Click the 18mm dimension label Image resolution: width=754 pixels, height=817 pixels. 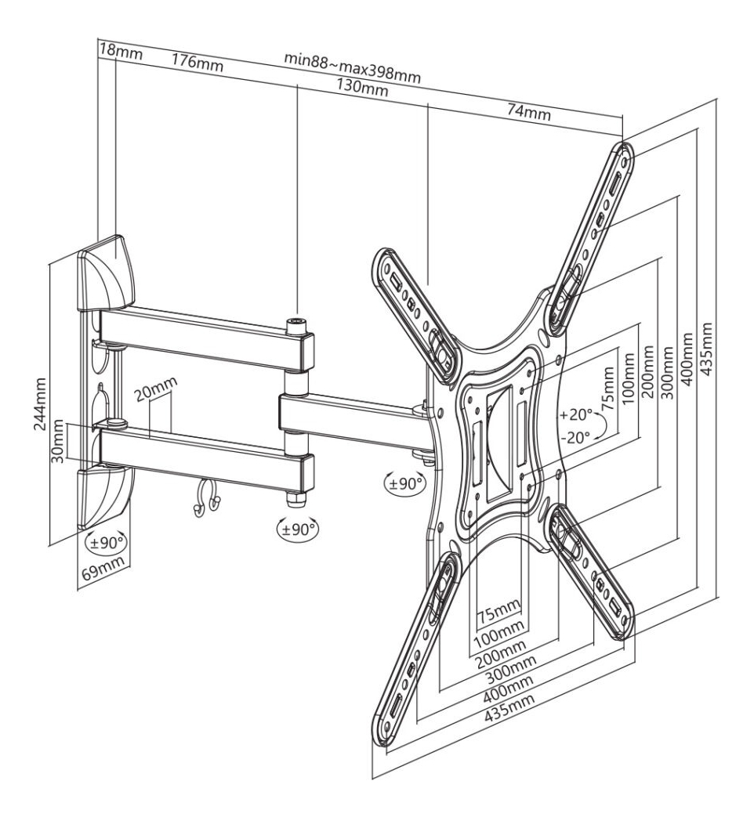coord(121,52)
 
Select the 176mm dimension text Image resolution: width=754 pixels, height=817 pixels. coord(198,63)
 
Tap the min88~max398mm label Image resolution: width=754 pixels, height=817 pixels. coord(353,67)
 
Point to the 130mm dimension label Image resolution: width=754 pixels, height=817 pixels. coord(362,86)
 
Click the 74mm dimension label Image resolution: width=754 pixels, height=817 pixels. coord(529,111)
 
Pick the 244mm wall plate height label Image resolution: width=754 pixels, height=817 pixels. coord(40,404)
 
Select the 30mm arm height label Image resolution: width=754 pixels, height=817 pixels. coord(59,442)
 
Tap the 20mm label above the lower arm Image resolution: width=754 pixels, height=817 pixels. coord(156,388)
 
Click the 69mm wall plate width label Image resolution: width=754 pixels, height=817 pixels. coord(103,569)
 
